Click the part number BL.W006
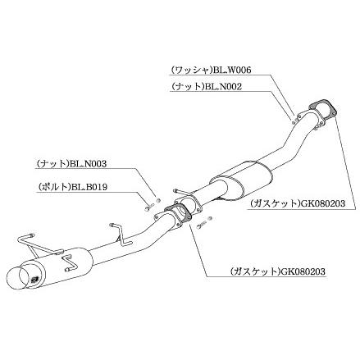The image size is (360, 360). click(x=232, y=71)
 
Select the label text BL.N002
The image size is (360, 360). click(x=224, y=86)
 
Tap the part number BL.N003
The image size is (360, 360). click(x=89, y=164)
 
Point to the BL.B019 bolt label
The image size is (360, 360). click(x=89, y=187)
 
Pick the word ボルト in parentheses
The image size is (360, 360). click(x=53, y=187)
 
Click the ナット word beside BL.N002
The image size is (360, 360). click(x=188, y=86)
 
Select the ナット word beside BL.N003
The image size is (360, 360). click(x=53, y=164)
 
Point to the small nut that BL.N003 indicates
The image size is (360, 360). click(x=157, y=201)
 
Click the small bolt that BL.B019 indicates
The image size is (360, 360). click(x=148, y=208)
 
